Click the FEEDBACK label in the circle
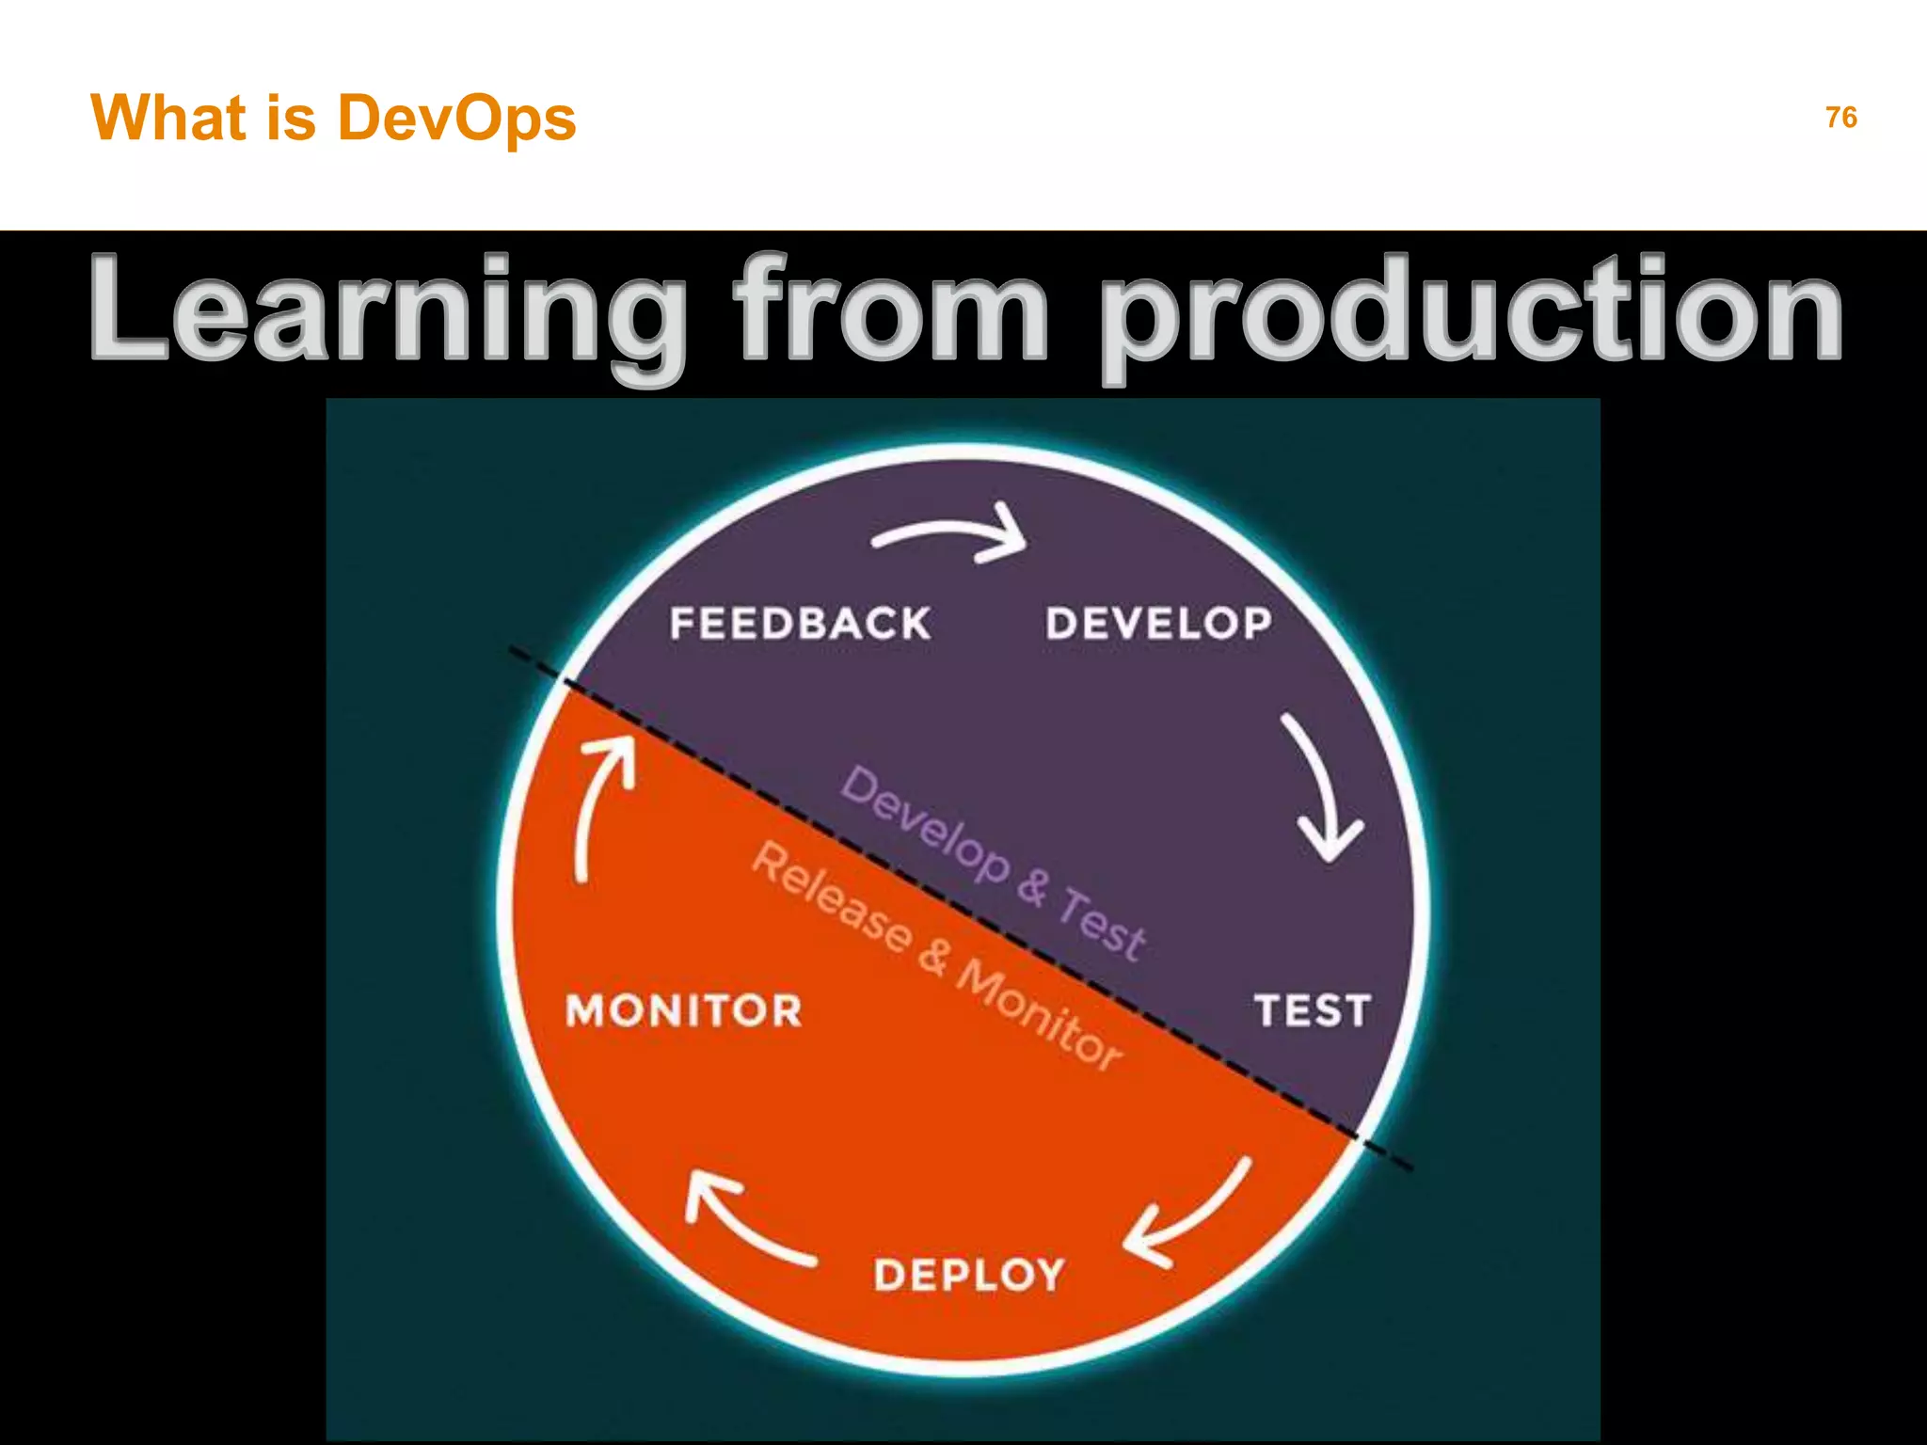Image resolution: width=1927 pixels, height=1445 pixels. click(800, 624)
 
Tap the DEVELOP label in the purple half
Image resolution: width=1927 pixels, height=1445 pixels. click(1158, 624)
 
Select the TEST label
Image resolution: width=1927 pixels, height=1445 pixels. click(1312, 1011)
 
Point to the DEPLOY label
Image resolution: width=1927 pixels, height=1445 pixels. click(969, 1276)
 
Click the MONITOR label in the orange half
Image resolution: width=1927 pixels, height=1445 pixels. click(684, 1011)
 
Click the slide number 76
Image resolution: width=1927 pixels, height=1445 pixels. click(1840, 118)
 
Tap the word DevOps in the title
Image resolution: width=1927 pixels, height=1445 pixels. click(456, 119)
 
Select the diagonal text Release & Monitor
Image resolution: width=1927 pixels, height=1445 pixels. click(936, 955)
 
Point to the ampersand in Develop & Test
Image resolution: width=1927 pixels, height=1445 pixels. click(1033, 886)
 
